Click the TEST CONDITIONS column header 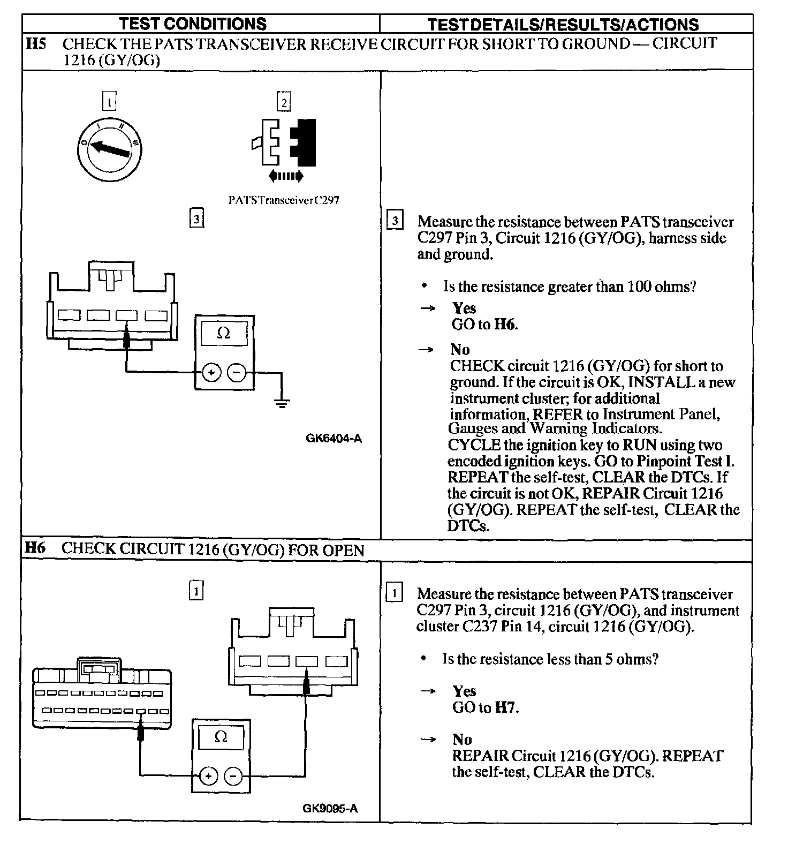tap(192, 24)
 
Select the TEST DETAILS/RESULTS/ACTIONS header tap(563, 25)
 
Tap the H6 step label tap(36, 548)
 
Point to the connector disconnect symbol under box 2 tap(286, 175)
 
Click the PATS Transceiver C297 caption tap(283, 200)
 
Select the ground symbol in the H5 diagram tap(282, 402)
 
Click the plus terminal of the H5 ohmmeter tap(212, 372)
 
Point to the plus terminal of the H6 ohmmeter tap(208, 776)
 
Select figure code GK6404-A tap(334, 439)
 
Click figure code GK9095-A tap(330, 808)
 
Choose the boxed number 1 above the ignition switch tap(109, 102)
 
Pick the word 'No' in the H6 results tap(462, 740)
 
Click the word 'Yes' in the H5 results tap(464, 308)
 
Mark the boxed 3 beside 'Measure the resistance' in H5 tap(395, 221)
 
